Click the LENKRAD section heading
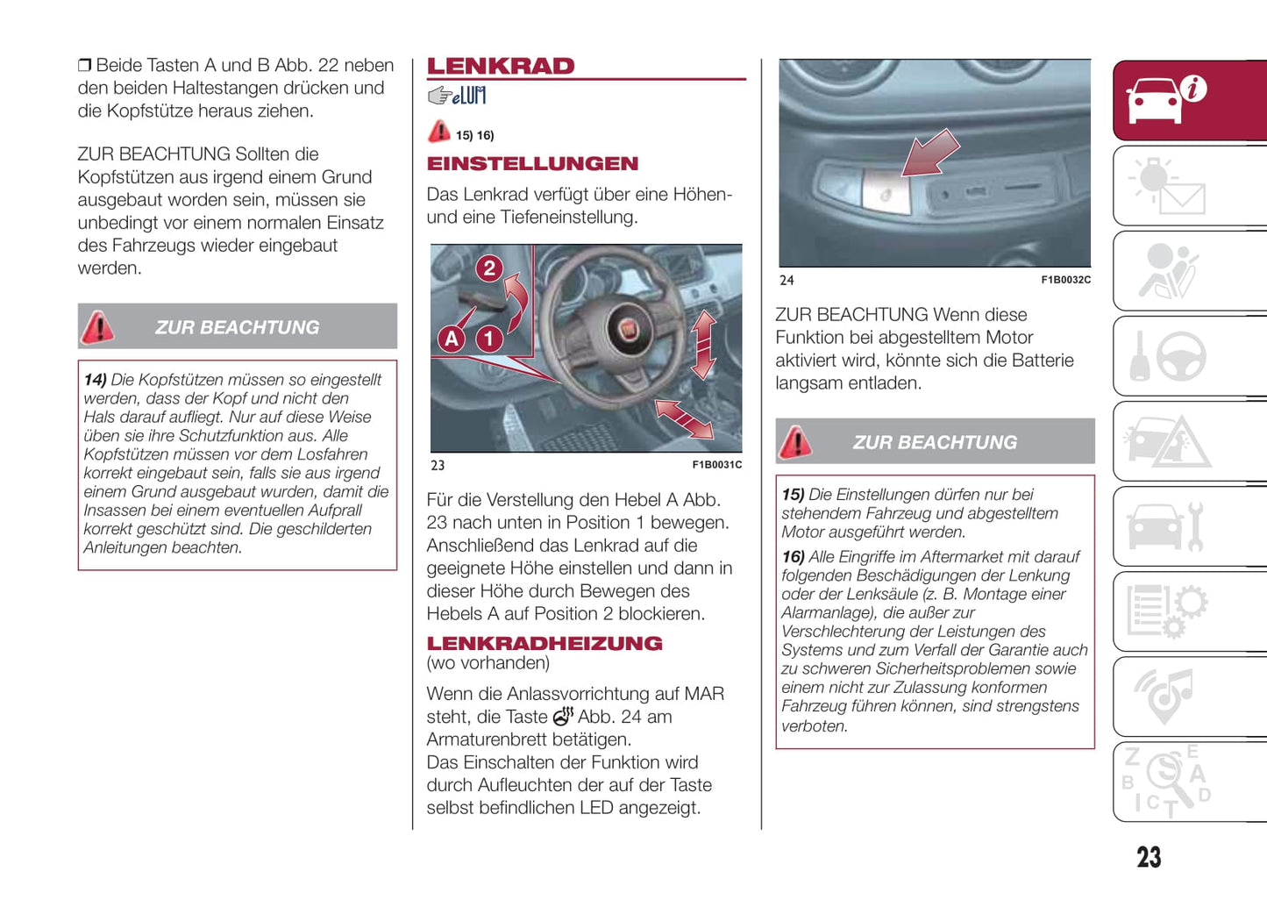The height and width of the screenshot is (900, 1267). click(501, 66)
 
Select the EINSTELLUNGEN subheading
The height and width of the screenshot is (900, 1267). click(532, 163)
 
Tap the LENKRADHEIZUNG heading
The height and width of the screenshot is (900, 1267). click(545, 643)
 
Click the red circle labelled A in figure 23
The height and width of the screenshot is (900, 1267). click(452, 339)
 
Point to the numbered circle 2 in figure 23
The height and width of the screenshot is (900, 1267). click(489, 268)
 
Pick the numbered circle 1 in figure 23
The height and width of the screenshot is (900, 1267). click(489, 339)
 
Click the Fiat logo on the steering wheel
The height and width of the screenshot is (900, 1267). click(629, 330)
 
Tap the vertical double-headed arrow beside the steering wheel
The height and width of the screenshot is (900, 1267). click(703, 346)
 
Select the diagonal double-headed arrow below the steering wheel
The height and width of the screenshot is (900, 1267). click(684, 419)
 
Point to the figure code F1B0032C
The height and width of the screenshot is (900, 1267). click(1065, 280)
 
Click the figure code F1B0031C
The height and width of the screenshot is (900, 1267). click(716, 465)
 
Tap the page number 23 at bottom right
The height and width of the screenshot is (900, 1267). click(1149, 857)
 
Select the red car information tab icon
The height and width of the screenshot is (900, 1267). click(1166, 99)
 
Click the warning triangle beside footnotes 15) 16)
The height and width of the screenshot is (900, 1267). click(438, 132)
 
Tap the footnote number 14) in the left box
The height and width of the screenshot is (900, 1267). click(95, 380)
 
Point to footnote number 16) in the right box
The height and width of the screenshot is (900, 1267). click(793, 557)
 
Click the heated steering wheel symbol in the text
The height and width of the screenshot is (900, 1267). click(563, 717)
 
